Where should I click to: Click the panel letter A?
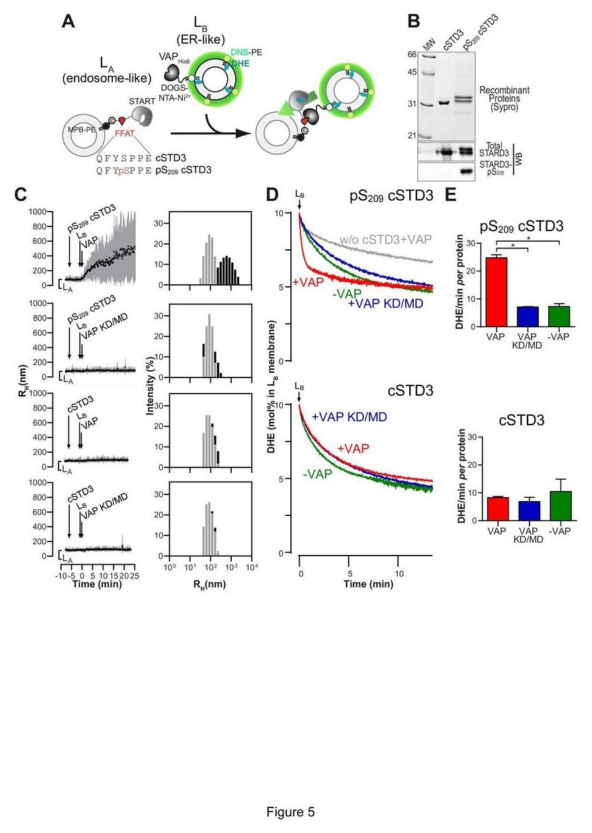(68, 21)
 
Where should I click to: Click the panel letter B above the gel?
(414, 21)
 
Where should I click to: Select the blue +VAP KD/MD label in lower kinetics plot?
(349, 416)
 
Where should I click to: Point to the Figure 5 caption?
(290, 812)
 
